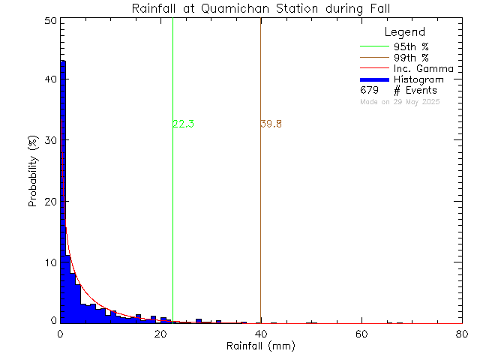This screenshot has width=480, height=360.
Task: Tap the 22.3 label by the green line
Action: pyautogui.click(x=184, y=124)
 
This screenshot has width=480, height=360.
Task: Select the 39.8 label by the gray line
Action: pyautogui.click(x=271, y=124)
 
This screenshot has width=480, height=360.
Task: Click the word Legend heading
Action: pyautogui.click(x=404, y=32)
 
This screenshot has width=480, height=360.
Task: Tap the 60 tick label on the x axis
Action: pyautogui.click(x=361, y=333)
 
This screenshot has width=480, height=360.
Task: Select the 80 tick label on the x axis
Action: pyautogui.click(x=462, y=333)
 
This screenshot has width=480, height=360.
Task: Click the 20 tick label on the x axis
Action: pyautogui.click(x=160, y=333)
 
